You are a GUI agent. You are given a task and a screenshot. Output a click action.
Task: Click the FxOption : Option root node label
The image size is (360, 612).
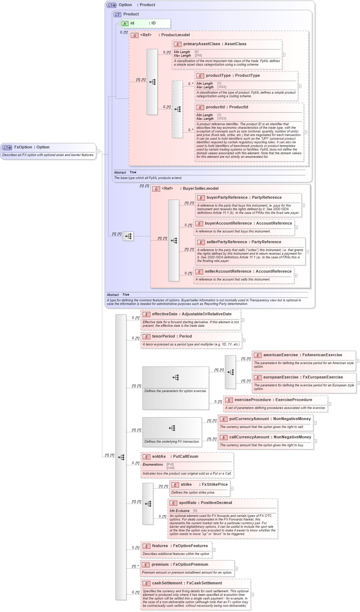tap(32, 147)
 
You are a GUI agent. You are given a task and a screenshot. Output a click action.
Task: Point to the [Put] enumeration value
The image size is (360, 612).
tap(170, 464)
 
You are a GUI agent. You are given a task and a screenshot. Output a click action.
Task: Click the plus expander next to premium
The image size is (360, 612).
tap(236, 568)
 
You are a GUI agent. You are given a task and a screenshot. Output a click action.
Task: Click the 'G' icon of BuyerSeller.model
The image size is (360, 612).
tap(156, 189)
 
